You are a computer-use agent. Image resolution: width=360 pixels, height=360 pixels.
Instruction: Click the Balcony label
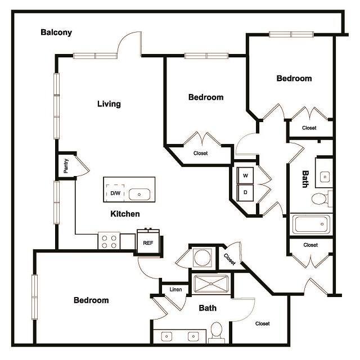pyautogui.click(x=56, y=32)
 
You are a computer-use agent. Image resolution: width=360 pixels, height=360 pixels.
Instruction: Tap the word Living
pyautogui.click(x=109, y=104)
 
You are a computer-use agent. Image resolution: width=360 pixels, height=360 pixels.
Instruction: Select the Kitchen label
pyautogui.click(x=125, y=214)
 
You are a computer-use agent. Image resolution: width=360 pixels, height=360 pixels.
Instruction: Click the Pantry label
pyautogui.click(x=66, y=165)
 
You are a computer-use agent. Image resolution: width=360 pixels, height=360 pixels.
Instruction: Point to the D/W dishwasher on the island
pyautogui.click(x=115, y=193)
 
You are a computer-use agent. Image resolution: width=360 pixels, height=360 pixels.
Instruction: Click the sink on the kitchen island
pyautogui.click(x=139, y=194)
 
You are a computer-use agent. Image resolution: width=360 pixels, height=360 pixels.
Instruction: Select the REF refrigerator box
pyautogui.click(x=148, y=242)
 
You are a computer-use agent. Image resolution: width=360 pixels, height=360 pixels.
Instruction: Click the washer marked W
pyautogui.click(x=246, y=175)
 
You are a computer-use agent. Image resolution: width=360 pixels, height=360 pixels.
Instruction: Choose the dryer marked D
pyautogui.click(x=246, y=192)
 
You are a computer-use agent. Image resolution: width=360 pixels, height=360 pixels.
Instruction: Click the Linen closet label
pyautogui.click(x=174, y=290)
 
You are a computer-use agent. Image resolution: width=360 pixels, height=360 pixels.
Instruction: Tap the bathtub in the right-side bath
pyautogui.click(x=310, y=223)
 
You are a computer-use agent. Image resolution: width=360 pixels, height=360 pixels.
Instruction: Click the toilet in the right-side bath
pyautogui.click(x=321, y=199)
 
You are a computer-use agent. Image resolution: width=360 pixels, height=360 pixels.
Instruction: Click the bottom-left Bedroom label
pyautogui.click(x=91, y=300)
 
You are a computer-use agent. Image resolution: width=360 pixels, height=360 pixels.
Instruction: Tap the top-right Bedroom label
pyautogui.click(x=294, y=79)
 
